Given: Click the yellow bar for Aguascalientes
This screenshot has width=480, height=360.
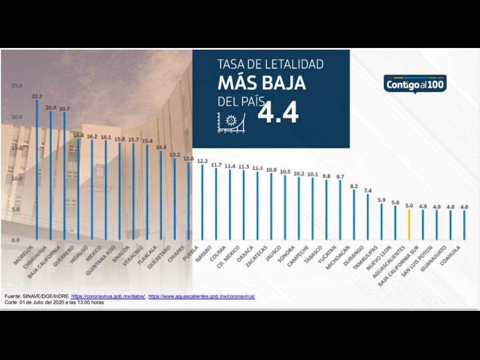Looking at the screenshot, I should coord(409,224).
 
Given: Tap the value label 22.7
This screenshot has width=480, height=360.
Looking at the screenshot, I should coord(37,96).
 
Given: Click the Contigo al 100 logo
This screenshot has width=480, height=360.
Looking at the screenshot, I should coord(415,84).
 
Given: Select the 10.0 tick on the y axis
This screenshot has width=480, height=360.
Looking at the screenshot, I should coord(17,179).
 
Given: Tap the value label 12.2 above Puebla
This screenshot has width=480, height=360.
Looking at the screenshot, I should coord(202,161).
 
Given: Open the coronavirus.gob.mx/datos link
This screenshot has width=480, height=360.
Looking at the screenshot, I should coord(108,296).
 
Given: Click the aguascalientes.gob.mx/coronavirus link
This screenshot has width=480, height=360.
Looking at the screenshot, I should coord(202,296).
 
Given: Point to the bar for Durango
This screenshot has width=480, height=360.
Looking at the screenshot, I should coord(368,216).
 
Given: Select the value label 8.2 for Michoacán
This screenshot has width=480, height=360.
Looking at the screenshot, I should coord(354,186).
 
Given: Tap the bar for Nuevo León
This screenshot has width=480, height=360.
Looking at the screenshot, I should coord(395,222).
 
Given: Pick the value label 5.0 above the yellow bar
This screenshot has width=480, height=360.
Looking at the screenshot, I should coord(409,206).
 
